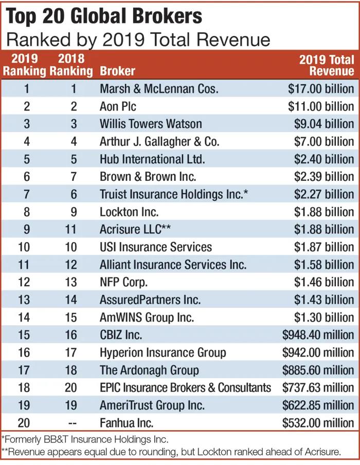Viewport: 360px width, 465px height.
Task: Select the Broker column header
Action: pyautogui.click(x=117, y=71)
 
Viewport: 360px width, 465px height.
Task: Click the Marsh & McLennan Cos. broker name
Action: pyautogui.click(x=159, y=88)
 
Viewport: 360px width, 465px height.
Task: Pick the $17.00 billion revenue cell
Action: pyautogui.click(x=321, y=88)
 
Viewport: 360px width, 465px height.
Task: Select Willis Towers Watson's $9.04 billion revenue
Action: pyautogui.click(x=324, y=124)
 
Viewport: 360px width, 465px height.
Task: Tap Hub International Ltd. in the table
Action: pyautogui.click(x=152, y=159)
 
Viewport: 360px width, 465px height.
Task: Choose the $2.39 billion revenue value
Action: pyautogui.click(x=324, y=176)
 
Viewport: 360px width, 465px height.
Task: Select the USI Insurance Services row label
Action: pyautogui.click(x=156, y=247)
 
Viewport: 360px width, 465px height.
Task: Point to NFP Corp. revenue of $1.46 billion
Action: pyautogui.click(x=324, y=282)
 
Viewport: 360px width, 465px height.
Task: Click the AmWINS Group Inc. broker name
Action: pyautogui.click(x=147, y=317)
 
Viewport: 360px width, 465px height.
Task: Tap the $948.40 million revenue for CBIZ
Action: pyautogui.click(x=318, y=334)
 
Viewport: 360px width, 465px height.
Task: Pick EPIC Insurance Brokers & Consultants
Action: pyautogui.click(x=185, y=387)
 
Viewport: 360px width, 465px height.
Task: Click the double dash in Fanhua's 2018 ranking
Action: pyautogui.click(x=73, y=422)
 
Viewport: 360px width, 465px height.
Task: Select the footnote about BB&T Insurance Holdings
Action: pyautogui.click(x=85, y=440)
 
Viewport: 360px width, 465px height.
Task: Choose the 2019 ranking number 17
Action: pyautogui.click(x=24, y=369)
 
